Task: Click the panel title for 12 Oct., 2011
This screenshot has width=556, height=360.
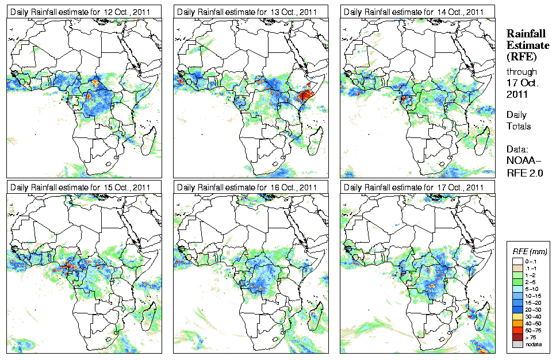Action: (x=82, y=12)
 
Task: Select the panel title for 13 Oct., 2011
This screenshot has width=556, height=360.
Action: (x=249, y=12)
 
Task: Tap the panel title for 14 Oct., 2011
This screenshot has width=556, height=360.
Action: (x=416, y=12)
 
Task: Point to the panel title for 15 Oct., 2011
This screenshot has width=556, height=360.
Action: (x=82, y=187)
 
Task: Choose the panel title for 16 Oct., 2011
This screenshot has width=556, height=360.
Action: (x=249, y=187)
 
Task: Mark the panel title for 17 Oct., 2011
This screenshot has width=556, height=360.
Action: (x=416, y=187)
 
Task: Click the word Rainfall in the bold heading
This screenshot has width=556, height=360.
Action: (x=526, y=33)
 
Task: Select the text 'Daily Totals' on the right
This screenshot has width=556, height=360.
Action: (x=519, y=120)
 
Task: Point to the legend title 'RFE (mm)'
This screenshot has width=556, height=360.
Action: (x=530, y=252)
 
